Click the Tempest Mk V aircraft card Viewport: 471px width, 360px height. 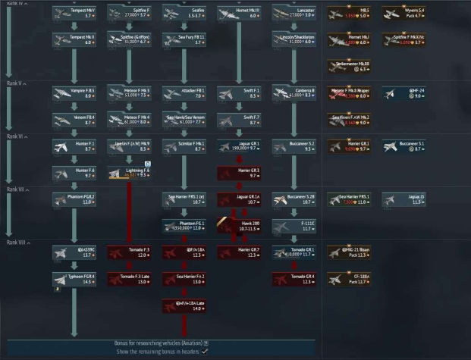(74, 13)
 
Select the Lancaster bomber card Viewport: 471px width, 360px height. (294, 13)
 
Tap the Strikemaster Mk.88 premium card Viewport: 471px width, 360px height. (348, 66)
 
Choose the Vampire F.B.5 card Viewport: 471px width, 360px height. (74, 92)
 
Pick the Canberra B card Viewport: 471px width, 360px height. (294, 92)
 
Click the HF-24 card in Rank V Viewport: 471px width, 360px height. (403, 92)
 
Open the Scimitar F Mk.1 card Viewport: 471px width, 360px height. (184, 146)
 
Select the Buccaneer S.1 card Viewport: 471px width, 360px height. (403, 146)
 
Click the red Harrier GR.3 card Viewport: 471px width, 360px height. (238, 173)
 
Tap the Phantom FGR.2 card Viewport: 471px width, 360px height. (74, 199)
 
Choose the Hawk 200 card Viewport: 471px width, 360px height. (238, 226)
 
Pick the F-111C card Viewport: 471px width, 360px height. (294, 226)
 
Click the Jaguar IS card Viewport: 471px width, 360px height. (403, 199)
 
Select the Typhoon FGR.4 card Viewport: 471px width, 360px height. (74, 279)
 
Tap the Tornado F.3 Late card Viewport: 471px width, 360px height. (129, 279)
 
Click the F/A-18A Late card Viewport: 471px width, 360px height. (184, 305)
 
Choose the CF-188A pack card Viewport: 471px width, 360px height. (348, 279)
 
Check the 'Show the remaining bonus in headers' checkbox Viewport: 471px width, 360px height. (205, 352)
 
